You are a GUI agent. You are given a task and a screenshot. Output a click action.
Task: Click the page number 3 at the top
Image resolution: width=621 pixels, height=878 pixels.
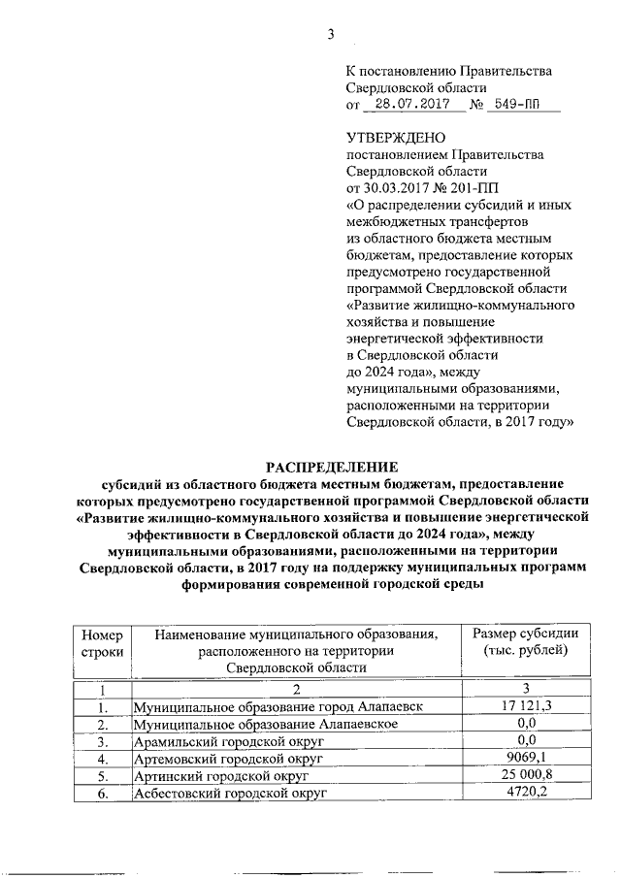329,36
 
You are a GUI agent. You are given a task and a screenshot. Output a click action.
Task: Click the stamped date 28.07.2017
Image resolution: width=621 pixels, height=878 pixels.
406,102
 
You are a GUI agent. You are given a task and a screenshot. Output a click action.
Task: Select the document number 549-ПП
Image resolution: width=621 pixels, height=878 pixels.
526,102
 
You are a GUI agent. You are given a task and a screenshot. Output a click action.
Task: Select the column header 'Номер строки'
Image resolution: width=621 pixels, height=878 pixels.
102,642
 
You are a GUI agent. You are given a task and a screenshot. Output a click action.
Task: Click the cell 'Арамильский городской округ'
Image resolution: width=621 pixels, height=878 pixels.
227,741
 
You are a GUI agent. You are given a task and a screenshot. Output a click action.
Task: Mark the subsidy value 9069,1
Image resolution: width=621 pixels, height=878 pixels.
526,758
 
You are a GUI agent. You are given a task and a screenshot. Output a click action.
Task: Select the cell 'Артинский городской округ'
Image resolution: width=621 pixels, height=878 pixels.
219,776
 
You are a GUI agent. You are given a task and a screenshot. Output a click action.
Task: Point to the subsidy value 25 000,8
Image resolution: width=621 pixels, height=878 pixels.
526,775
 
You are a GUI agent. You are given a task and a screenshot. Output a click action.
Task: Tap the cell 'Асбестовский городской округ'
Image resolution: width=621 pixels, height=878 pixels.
229,794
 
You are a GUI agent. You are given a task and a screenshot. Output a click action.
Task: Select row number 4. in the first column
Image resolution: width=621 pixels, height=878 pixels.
102,759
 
